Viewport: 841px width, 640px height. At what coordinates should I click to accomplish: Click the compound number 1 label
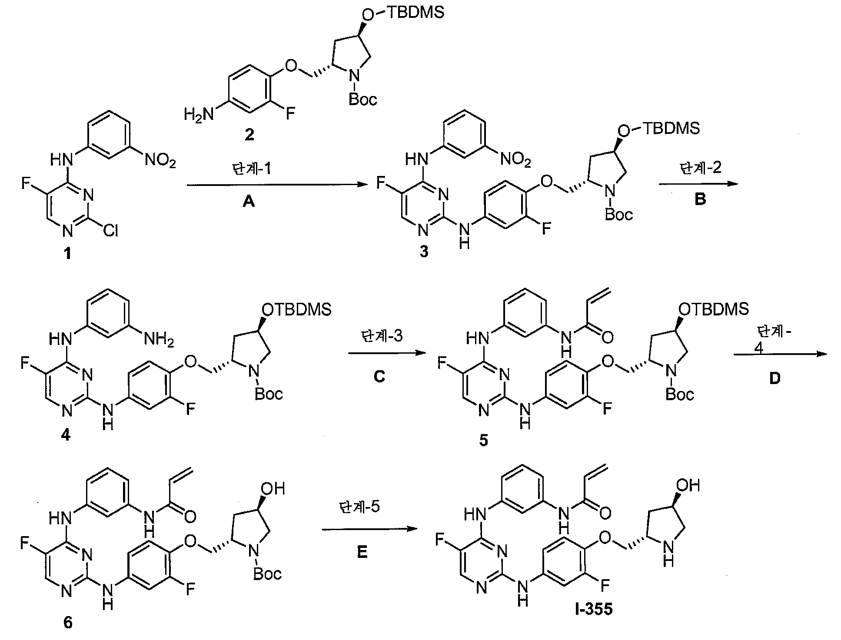pos(67,253)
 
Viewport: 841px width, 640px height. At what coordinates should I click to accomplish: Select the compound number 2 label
pos(249,135)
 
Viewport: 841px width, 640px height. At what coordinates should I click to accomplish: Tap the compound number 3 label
pos(424,252)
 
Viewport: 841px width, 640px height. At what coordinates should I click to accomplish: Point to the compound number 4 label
pos(66,434)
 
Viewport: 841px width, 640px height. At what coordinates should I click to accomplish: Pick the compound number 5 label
pos(483,441)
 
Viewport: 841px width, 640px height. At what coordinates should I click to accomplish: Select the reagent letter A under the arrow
pos(249,201)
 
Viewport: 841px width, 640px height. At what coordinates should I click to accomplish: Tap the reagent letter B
pos(700,199)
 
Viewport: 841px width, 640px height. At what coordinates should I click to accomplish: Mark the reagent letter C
pos(379,376)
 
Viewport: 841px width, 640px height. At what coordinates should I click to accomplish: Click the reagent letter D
pos(775,378)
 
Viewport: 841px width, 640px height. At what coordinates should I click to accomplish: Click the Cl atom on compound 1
pos(110,231)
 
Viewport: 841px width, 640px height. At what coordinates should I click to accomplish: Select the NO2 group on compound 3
pos(515,160)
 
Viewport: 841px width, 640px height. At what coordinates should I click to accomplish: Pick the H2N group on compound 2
pos(199,115)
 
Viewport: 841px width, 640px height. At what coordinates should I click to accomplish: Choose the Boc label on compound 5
pos(680,394)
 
